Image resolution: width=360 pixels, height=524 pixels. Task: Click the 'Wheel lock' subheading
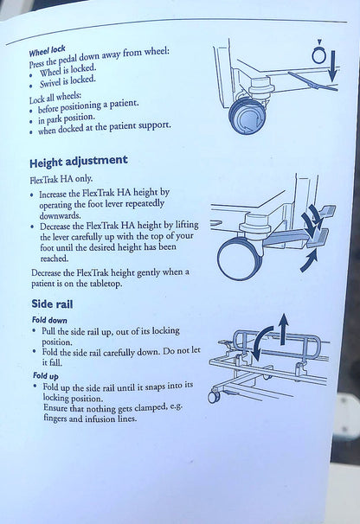point(47,51)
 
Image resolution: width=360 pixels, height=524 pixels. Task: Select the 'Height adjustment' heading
point(79,162)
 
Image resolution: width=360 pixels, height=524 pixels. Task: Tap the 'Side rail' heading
point(52,304)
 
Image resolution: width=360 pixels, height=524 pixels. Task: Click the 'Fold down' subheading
point(49,320)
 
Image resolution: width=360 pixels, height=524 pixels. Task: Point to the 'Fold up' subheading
point(46,376)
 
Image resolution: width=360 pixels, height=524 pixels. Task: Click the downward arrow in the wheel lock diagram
point(332,67)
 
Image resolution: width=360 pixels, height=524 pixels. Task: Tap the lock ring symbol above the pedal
point(319,54)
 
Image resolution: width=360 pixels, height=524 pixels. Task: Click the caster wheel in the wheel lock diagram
point(247,116)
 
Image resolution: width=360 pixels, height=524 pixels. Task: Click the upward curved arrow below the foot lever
point(309,260)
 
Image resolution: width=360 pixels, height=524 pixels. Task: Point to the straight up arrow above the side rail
point(283,329)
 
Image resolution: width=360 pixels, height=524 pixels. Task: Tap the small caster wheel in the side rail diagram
point(214,396)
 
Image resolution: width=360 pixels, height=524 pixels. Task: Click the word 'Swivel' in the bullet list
point(50,83)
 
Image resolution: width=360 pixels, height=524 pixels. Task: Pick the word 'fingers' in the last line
point(55,419)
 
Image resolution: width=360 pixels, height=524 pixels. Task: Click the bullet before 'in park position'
point(31,121)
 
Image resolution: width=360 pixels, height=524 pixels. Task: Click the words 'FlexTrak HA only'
point(61,180)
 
